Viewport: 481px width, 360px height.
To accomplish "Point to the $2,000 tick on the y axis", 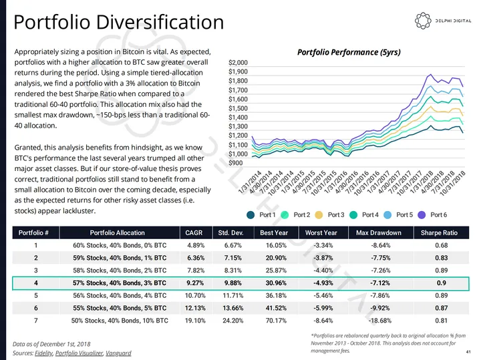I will click(x=238, y=62).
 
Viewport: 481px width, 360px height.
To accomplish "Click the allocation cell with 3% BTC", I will click(x=118, y=283).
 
